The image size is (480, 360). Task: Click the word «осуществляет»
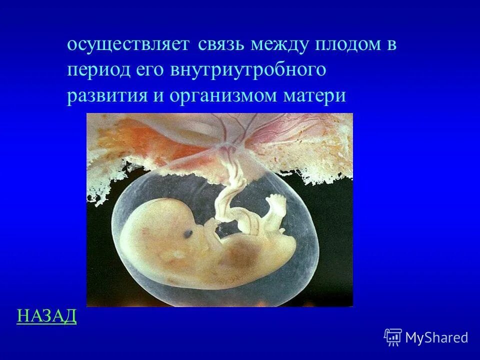coord(127,45)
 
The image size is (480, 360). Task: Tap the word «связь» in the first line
coord(220,45)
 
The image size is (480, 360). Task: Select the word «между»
coord(280,45)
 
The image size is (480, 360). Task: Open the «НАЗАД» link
coord(46,316)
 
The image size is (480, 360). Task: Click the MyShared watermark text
coord(436,337)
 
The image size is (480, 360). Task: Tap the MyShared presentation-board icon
coord(393,337)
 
